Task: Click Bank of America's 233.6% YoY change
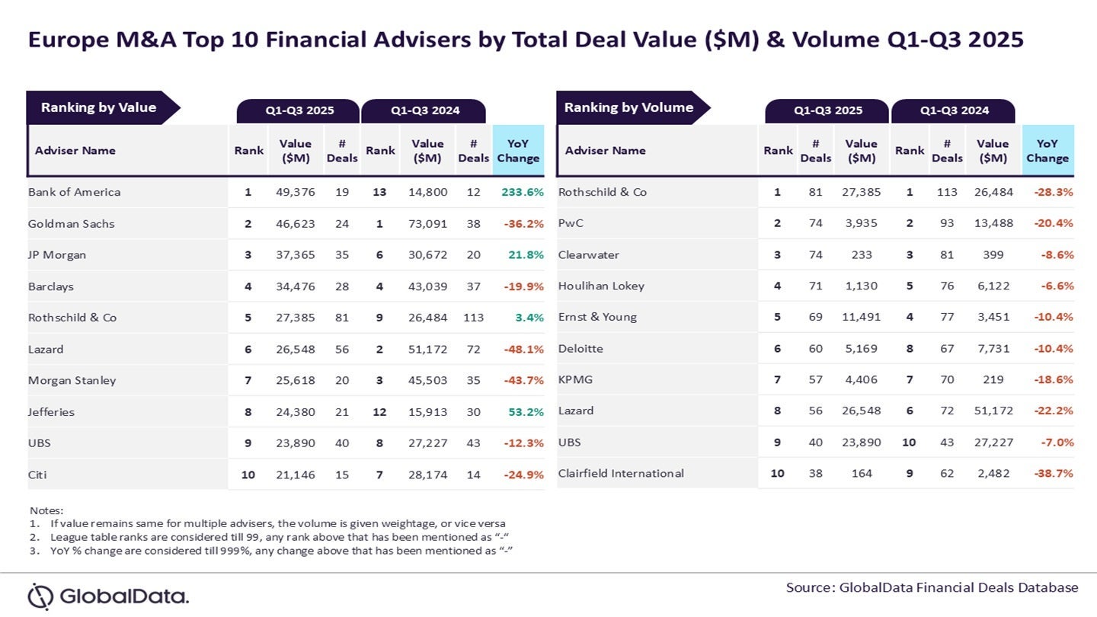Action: pos(522,192)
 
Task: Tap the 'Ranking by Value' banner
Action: pos(99,107)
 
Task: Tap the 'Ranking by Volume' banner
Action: pos(628,107)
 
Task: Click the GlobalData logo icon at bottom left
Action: pos(41,596)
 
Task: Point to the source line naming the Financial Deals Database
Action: pos(932,587)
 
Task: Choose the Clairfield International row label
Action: pos(621,473)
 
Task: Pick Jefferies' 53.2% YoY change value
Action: pos(522,412)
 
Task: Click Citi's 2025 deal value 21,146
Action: pos(295,475)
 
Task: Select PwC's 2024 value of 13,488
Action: pos(993,223)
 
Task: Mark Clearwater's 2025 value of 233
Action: pos(862,254)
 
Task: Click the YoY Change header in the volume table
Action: pos(1047,150)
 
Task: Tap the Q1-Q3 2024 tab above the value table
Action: pos(424,110)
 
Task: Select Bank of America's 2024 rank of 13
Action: pos(379,192)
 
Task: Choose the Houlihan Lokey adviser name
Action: pos(601,286)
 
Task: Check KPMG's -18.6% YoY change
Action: pos(1054,379)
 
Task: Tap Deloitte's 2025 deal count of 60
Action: pos(815,348)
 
